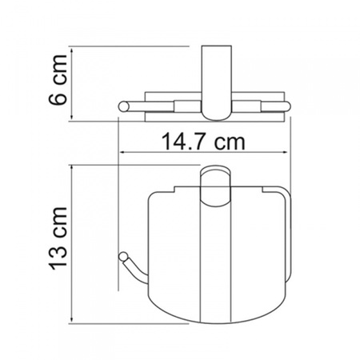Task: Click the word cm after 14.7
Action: pyautogui.click(x=230, y=142)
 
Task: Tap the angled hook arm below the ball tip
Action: pyautogui.click(x=134, y=272)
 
